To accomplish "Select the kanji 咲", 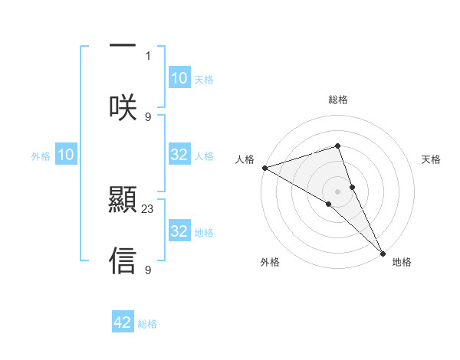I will pos(123,107).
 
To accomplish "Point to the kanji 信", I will pos(123,260).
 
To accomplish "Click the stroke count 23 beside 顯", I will pos(148,208).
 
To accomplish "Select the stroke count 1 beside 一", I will pos(148,56).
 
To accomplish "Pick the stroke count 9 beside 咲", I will pos(148,116).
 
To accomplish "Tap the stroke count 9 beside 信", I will pos(148,270).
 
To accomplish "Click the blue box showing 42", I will pos(123,322).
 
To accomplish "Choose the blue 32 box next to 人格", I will pos(179,155).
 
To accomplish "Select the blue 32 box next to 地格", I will pos(179,231).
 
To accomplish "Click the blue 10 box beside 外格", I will pos(66,155).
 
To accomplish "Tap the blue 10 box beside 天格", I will pos(179,77).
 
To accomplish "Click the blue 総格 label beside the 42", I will pos(147,324).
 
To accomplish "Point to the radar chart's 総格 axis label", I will pos(338,100).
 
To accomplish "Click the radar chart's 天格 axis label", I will pos(432,159).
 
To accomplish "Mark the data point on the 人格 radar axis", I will pos(264,168).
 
